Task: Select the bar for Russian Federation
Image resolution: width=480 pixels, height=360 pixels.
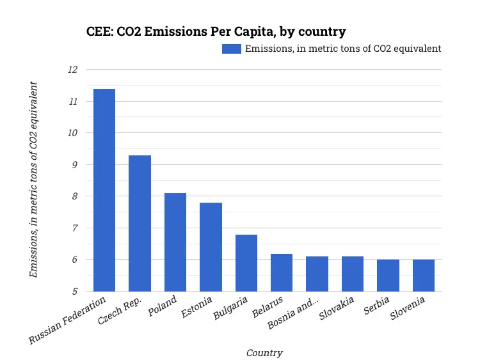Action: point(104,190)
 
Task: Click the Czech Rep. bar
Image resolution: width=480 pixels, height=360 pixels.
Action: point(140,223)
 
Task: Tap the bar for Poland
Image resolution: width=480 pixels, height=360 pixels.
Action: point(175,242)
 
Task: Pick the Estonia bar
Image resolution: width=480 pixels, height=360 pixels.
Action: point(211,247)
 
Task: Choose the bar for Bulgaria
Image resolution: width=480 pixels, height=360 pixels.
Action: point(246,263)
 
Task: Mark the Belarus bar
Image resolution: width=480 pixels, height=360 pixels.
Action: point(282,272)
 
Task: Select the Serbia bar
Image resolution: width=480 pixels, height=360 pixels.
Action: point(388,275)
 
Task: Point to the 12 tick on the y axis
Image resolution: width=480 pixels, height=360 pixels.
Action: point(72,70)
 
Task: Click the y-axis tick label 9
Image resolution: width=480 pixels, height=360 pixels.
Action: point(74,164)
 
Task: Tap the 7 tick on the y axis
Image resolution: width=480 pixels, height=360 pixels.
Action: point(74,228)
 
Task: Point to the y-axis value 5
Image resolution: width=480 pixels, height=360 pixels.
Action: point(74,291)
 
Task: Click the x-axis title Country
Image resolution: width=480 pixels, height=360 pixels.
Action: point(264,352)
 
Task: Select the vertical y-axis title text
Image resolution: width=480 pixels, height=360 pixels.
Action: point(34,180)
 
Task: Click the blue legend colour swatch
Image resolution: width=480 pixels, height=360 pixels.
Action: point(231,49)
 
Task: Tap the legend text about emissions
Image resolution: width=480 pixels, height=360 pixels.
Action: point(343,49)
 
